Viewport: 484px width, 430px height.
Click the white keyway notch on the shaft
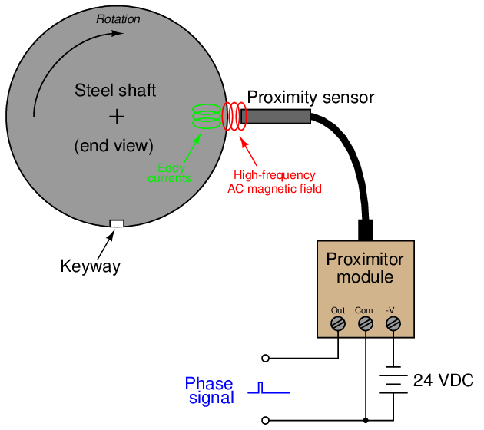coord(117,223)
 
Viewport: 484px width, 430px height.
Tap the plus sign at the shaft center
coord(117,117)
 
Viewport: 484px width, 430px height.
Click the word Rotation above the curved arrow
coord(118,19)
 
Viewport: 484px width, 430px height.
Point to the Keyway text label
coord(90,266)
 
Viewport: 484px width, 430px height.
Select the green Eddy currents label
coord(169,173)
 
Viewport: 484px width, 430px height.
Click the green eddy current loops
coord(207,116)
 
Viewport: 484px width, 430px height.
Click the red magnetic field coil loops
coord(234,116)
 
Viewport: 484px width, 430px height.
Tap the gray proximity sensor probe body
coord(276,117)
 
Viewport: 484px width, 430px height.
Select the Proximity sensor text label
coord(310,98)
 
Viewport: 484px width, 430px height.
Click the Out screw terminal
coord(338,324)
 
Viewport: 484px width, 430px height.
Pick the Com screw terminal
coord(366,324)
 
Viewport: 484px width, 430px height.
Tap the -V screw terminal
coord(393,324)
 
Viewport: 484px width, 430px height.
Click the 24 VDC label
coord(443,380)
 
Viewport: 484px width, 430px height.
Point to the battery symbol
coord(393,380)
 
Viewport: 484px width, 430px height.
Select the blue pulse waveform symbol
coord(269,388)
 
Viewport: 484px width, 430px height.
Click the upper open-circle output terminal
coord(266,358)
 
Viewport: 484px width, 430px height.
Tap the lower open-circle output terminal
coord(266,420)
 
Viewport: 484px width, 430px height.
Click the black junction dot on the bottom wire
coord(366,420)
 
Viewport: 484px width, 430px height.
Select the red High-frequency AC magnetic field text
coord(274,182)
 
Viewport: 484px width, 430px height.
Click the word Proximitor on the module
coord(365,259)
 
